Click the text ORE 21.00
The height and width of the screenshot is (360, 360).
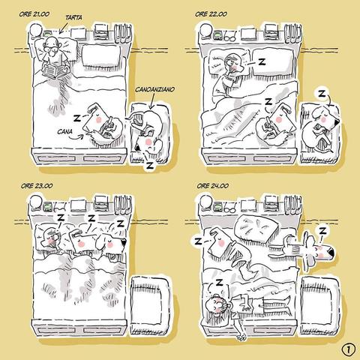[x=34, y=14]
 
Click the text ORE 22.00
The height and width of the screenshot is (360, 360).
[x=211, y=14]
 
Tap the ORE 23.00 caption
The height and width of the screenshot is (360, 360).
[x=37, y=186]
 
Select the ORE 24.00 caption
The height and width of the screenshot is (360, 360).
[x=213, y=186]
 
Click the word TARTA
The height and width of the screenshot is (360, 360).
[x=73, y=17]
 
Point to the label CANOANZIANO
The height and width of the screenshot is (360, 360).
[x=154, y=89]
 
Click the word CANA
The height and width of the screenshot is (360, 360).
[x=64, y=131]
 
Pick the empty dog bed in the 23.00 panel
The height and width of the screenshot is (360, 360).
[x=150, y=305]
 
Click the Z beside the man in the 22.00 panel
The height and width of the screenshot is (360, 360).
[x=262, y=61]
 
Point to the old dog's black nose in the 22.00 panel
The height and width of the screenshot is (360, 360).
[x=336, y=121]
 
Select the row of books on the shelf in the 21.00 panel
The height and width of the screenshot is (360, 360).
[x=123, y=33]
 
